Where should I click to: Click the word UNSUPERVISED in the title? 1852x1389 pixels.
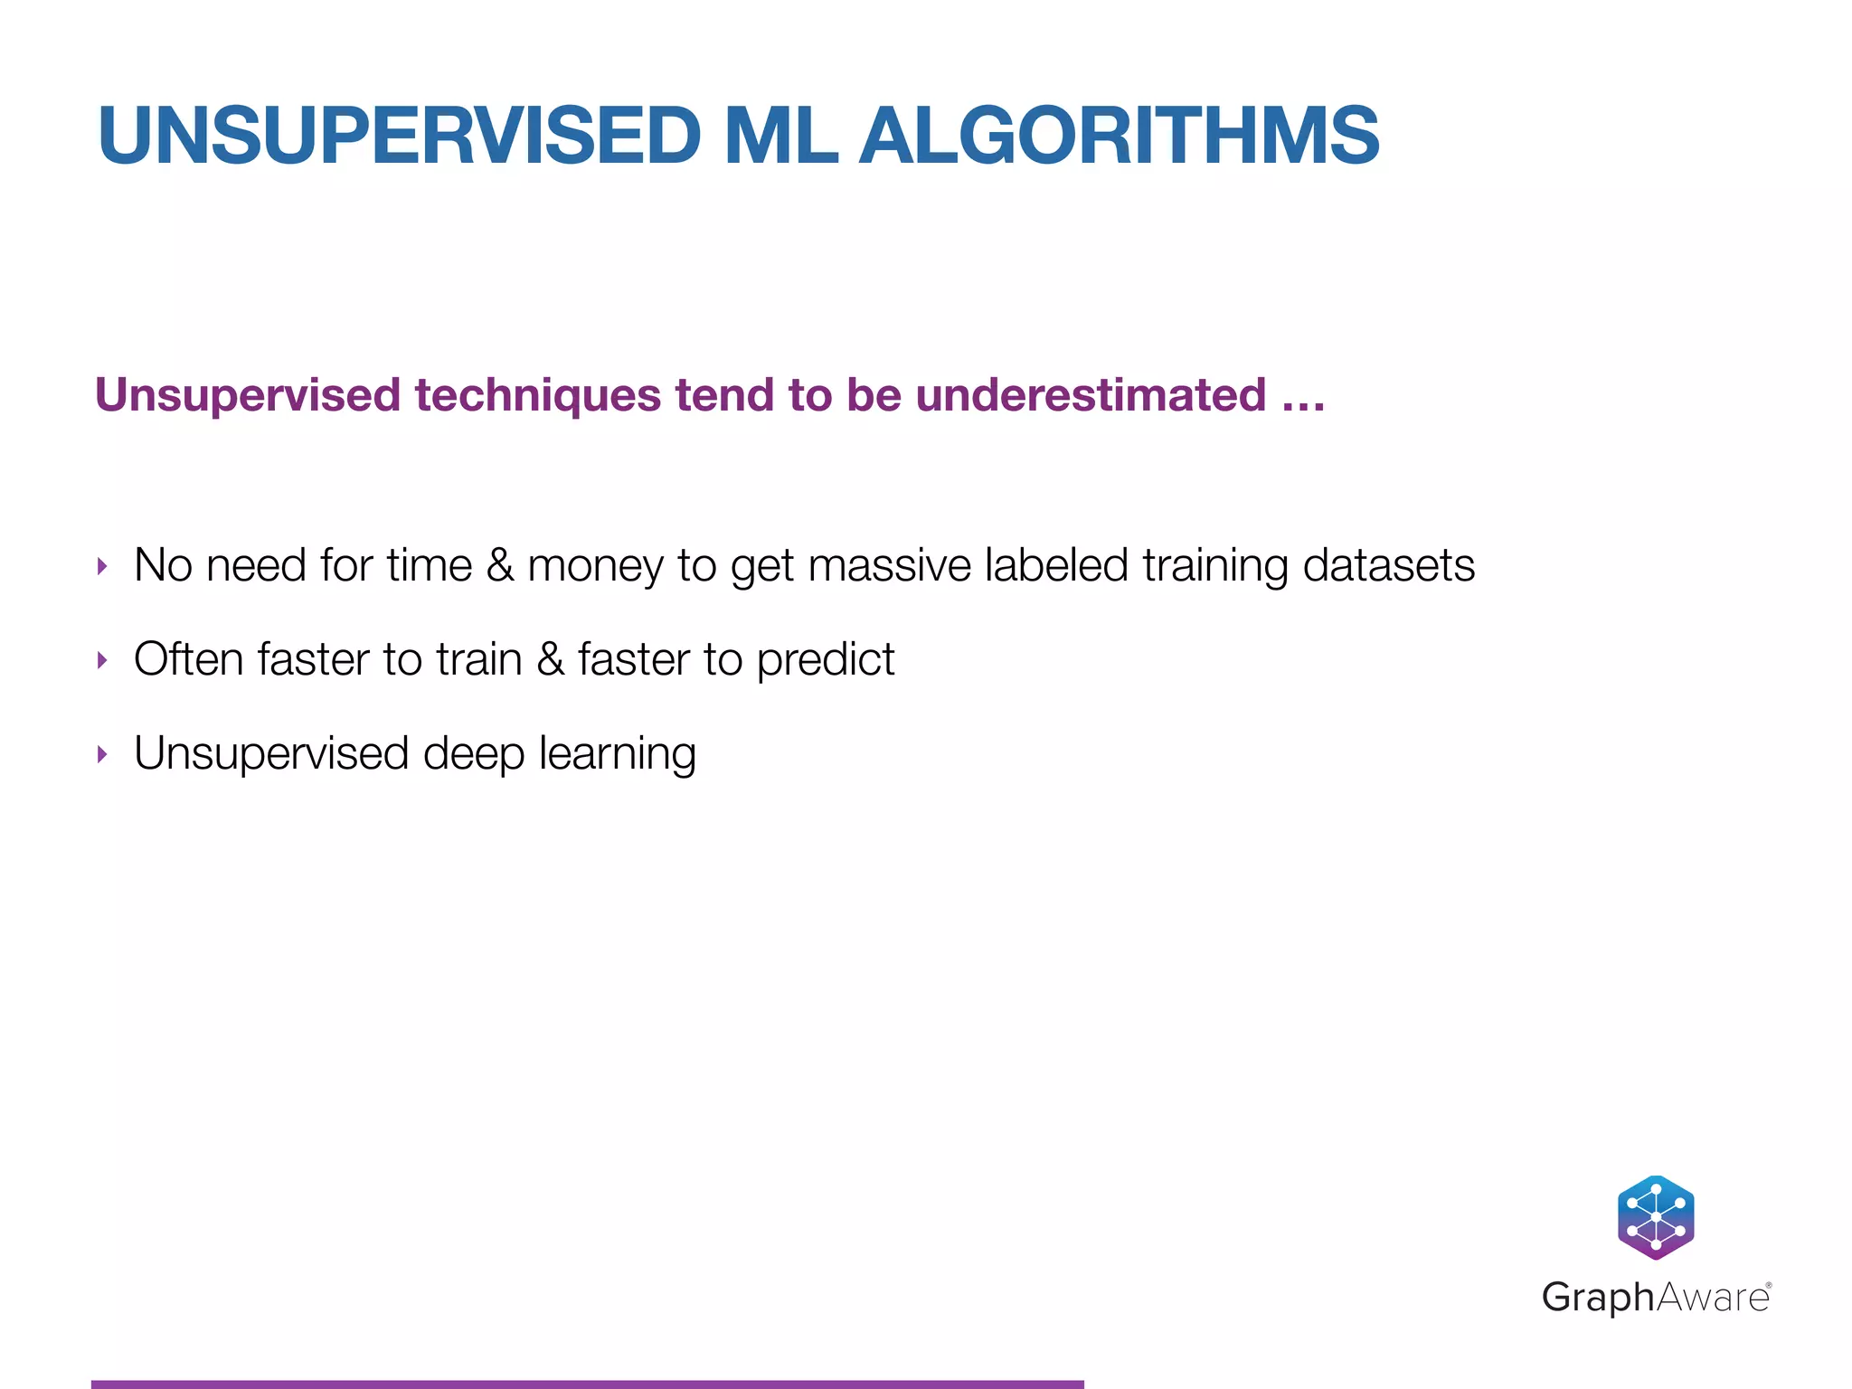click(399, 136)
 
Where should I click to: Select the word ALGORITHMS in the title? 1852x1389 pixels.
click(1119, 136)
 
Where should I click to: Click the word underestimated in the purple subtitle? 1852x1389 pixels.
click(1091, 395)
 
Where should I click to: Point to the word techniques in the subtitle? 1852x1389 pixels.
click(538, 395)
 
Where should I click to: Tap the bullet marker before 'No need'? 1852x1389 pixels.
click(102, 567)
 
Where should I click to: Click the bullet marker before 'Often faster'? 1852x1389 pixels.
click(102, 661)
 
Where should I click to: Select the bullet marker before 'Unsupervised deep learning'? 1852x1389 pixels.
click(102, 754)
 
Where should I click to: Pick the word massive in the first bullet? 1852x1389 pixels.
click(889, 565)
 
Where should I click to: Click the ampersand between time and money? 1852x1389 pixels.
click(499, 565)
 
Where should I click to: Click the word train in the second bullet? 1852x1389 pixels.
click(479, 659)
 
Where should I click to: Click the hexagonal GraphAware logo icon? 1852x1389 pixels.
click(1655, 1217)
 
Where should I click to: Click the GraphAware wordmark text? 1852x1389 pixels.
click(1655, 1298)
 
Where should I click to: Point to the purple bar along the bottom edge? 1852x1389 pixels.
click(587, 1384)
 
